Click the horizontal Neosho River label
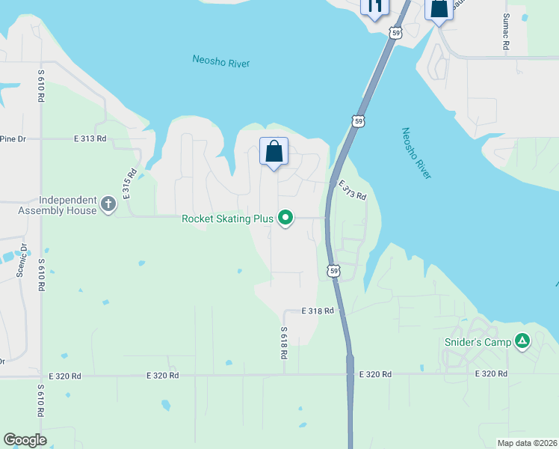[x=220, y=61]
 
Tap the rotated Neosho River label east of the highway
[x=416, y=153]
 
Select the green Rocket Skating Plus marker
[x=285, y=219]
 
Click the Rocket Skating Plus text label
[x=227, y=219]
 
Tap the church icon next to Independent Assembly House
[x=108, y=204]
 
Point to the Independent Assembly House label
[x=58, y=205]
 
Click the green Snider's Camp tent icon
[x=522, y=342]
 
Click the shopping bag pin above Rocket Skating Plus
[x=274, y=152]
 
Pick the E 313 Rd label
[x=90, y=138]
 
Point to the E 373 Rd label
[x=352, y=190]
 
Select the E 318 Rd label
[x=317, y=310]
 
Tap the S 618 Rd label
[x=284, y=343]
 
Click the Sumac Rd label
[x=507, y=31]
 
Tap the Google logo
[x=25, y=440]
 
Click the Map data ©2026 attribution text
[x=526, y=443]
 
